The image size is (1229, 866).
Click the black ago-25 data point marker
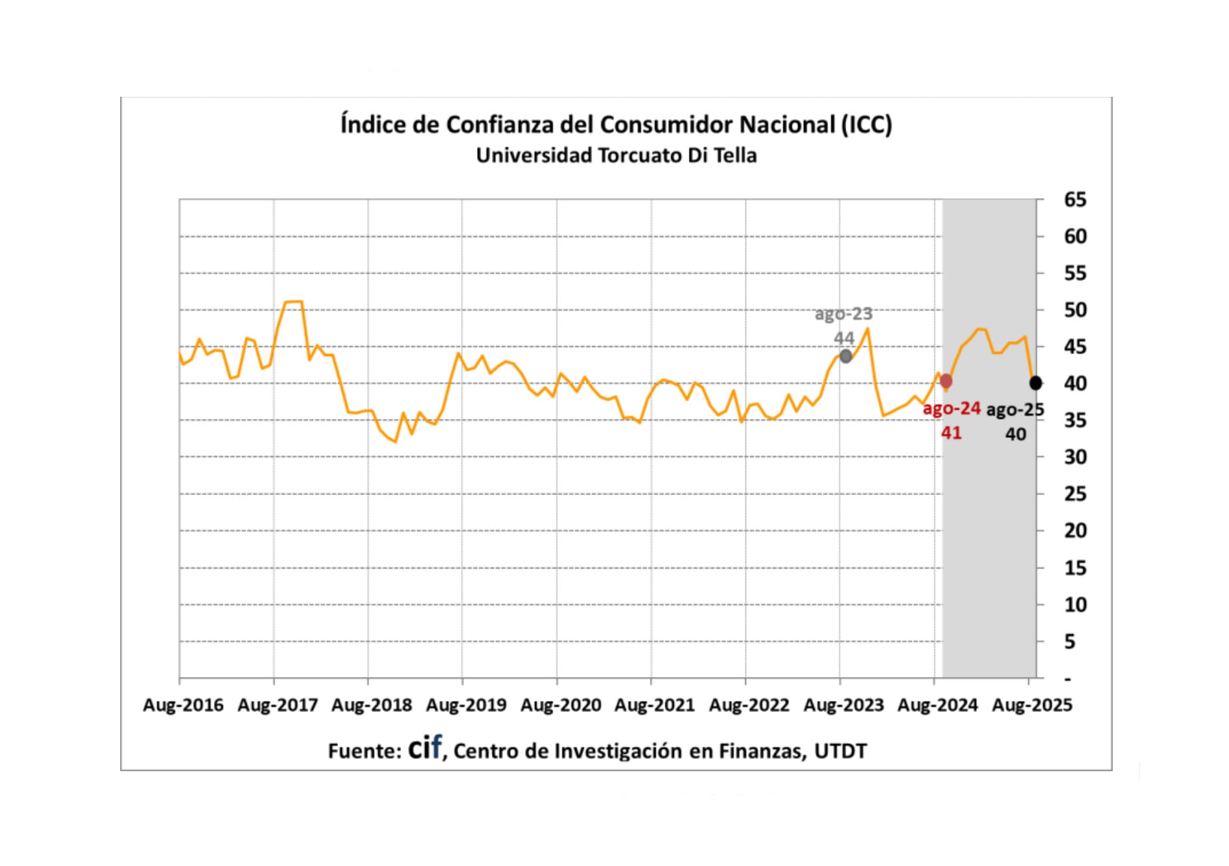coord(1035,383)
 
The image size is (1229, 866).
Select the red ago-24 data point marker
coord(946,381)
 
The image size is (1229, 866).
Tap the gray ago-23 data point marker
coord(846,356)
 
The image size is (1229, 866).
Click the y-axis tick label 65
coord(1075,199)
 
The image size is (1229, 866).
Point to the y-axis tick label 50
coord(1075,310)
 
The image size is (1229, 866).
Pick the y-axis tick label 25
coord(1075,494)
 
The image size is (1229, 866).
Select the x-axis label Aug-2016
coord(183,705)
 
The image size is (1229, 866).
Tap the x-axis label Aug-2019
coord(466,705)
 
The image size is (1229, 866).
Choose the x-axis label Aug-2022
coord(749,705)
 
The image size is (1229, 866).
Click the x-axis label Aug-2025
coord(1032,705)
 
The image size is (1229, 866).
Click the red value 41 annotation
coord(951,433)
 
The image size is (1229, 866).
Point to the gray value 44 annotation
coord(844,338)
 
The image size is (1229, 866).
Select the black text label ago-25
coord(1015,410)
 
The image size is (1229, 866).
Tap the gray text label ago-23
coord(844,314)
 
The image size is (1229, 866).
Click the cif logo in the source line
coord(425,748)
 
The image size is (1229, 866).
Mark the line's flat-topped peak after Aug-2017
coord(293,301)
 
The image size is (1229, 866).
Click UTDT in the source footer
coord(840,751)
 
